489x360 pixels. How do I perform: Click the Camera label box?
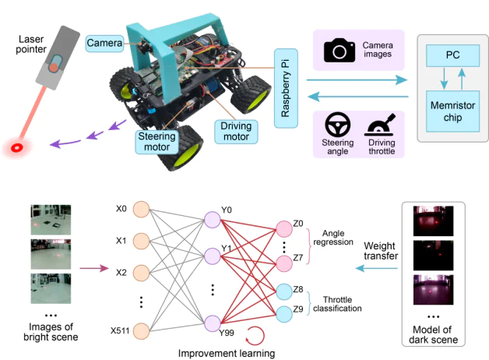(x=104, y=42)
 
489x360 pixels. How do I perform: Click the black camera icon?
(x=339, y=52)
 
